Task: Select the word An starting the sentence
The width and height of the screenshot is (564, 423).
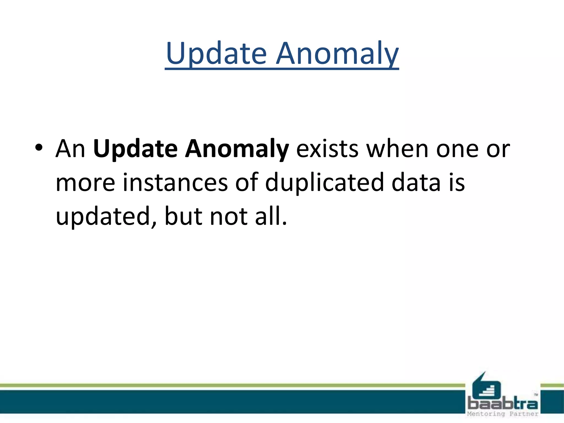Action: click(70, 149)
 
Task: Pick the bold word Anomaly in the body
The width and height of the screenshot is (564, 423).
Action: click(237, 149)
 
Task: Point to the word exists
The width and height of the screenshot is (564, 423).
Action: click(327, 149)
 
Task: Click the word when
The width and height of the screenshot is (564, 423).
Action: click(397, 149)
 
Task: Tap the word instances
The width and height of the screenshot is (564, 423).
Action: click(175, 183)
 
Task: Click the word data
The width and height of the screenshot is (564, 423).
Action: click(416, 183)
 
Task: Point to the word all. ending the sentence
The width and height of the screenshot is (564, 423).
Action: click(271, 216)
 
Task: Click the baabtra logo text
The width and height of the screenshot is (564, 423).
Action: click(503, 404)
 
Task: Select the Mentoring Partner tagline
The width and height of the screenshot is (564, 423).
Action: click(503, 414)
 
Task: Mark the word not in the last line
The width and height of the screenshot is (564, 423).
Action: click(229, 216)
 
